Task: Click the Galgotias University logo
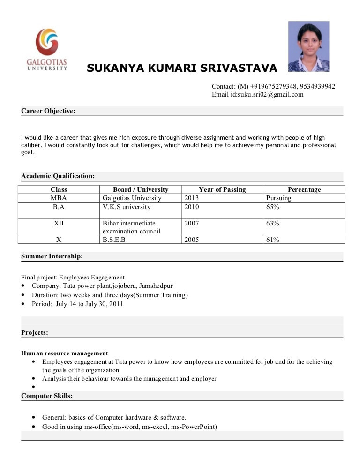click(x=47, y=49)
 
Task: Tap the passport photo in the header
click(x=308, y=46)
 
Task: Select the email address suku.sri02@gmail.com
click(x=270, y=94)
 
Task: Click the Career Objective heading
click(x=48, y=111)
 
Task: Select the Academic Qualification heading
click(x=58, y=176)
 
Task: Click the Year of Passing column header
click(x=222, y=189)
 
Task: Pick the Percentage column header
click(x=304, y=189)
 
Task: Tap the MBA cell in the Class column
click(x=59, y=198)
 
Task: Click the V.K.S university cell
click(x=127, y=207)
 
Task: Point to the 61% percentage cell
click(x=272, y=240)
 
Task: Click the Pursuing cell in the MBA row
click(x=278, y=198)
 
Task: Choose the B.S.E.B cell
click(x=114, y=240)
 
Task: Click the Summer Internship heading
click(x=52, y=256)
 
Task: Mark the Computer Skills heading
click(x=47, y=396)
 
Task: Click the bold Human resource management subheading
click(x=65, y=353)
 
